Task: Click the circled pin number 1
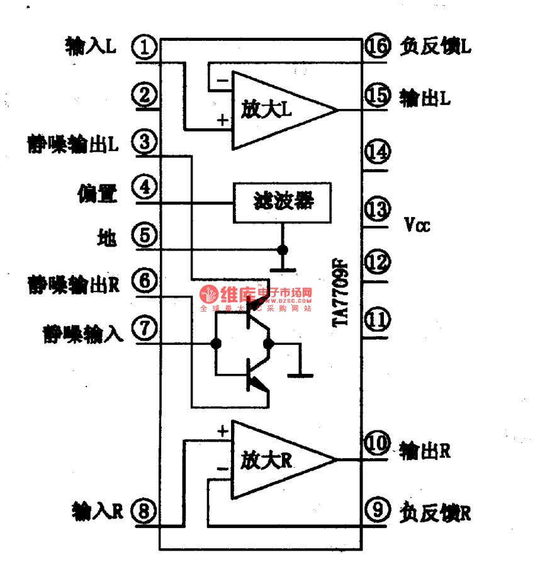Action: coord(145,47)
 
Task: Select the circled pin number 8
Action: coord(145,511)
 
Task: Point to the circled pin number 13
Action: coord(377,209)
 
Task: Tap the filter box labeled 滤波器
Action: coord(283,203)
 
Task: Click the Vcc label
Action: coord(417,225)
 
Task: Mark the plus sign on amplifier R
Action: coord(222,432)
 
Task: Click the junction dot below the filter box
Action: coord(283,250)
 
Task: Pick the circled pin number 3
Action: coord(145,142)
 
